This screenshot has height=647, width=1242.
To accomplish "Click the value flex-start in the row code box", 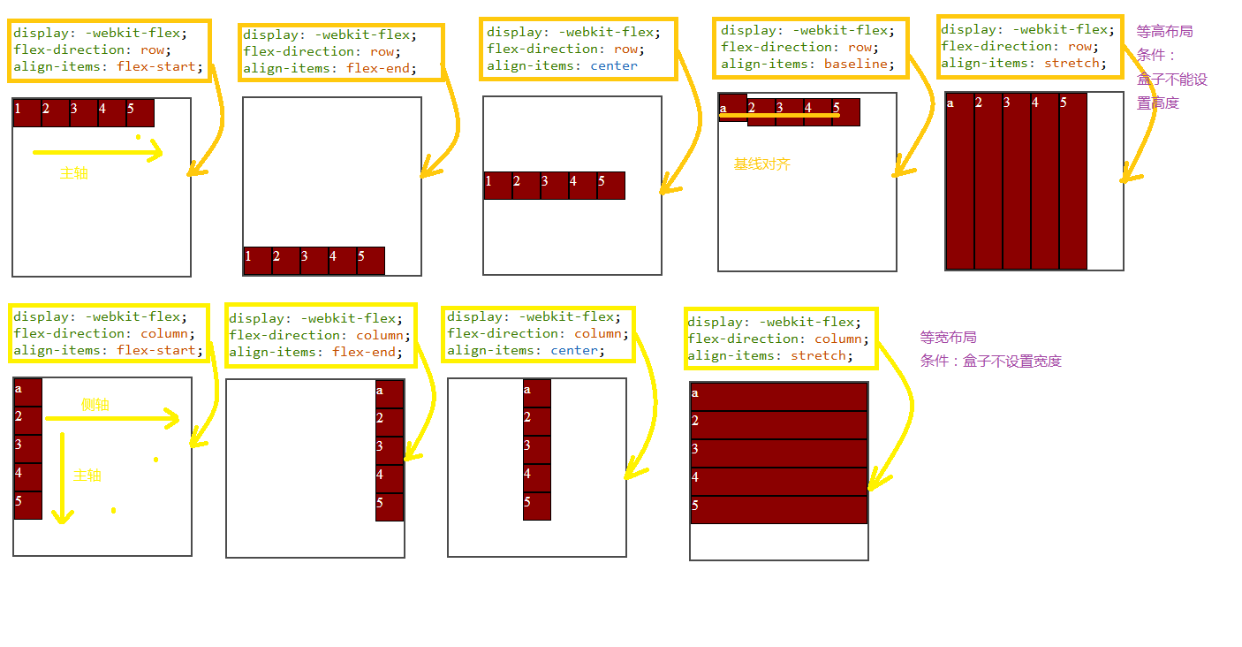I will pyautogui.click(x=160, y=66).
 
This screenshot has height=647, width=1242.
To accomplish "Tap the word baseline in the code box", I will pyautogui.click(x=855, y=64).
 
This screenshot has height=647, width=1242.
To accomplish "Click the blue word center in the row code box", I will pyautogui.click(x=613, y=65).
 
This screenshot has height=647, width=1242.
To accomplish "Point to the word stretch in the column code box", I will pyautogui.click(x=818, y=355).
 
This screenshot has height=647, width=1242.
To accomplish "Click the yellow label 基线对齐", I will pyautogui.click(x=761, y=164).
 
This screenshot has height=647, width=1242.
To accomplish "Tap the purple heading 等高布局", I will pyautogui.click(x=1164, y=31).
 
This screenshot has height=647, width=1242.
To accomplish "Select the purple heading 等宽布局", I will pyautogui.click(x=948, y=338).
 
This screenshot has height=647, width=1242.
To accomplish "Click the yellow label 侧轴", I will pyautogui.click(x=95, y=405).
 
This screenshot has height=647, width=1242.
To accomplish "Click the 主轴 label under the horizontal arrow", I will pyautogui.click(x=74, y=173).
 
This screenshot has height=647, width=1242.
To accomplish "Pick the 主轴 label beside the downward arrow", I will pyautogui.click(x=87, y=476).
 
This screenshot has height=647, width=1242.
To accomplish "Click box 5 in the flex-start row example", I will pyautogui.click(x=140, y=113).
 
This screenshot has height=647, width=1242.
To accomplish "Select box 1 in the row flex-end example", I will pyautogui.click(x=258, y=261).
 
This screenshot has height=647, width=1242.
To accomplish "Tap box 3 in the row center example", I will pyautogui.click(x=555, y=186).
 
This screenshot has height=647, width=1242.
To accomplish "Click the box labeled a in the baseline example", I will pyautogui.click(x=732, y=106).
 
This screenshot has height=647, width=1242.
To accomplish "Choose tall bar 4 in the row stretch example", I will pyautogui.click(x=1045, y=180).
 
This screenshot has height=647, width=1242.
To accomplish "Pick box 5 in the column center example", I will pyautogui.click(x=537, y=506).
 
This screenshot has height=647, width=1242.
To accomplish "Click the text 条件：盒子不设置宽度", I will pyautogui.click(x=990, y=361).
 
